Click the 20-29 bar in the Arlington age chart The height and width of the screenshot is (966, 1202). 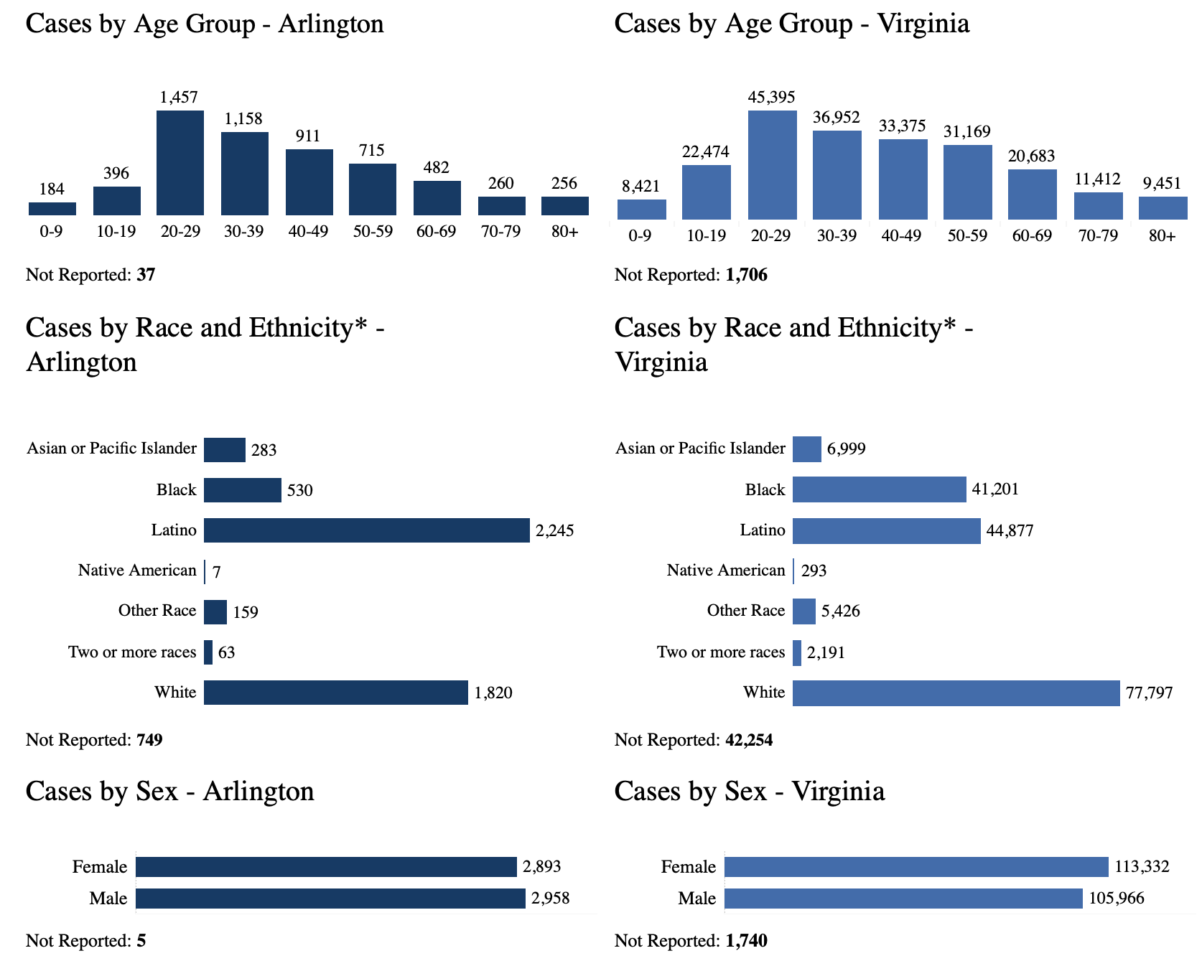point(180,163)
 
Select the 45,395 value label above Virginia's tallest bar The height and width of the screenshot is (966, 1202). point(772,97)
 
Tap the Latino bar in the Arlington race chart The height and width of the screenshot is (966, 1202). point(366,530)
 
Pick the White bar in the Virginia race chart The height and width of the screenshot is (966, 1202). point(956,693)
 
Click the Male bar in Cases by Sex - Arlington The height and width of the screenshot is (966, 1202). point(330,899)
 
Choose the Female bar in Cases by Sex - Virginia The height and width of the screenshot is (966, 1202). point(916,867)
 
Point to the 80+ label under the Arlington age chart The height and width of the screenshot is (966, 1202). point(565,232)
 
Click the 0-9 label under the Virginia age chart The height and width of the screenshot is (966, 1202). point(640,235)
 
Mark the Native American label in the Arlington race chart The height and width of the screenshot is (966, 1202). point(137,571)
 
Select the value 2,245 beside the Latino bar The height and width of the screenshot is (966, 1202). point(554,531)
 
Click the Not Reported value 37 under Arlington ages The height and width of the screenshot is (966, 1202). point(146,275)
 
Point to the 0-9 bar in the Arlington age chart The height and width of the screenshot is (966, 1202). point(52,209)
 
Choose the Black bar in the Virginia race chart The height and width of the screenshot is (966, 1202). point(879,489)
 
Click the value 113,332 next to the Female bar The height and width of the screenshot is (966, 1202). point(1142,867)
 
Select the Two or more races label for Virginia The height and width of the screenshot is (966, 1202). point(721,652)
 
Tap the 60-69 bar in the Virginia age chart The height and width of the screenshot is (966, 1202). point(1032,194)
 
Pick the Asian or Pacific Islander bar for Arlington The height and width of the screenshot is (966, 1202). point(224,450)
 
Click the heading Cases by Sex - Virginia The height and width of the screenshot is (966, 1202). point(750,791)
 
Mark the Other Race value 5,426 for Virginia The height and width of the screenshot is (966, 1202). point(840,611)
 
